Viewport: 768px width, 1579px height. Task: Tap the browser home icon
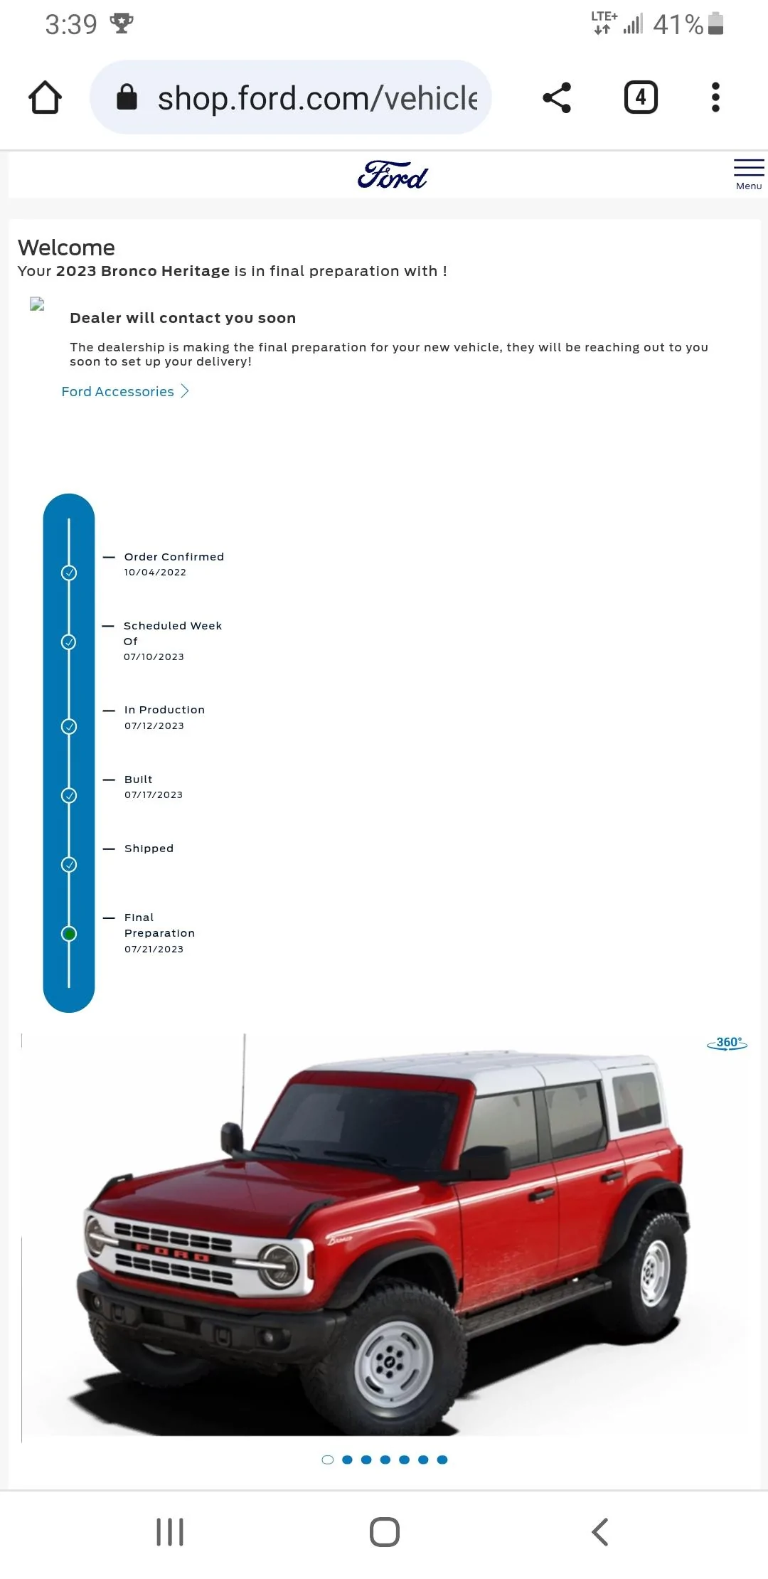[45, 97]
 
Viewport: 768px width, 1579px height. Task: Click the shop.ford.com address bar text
[317, 98]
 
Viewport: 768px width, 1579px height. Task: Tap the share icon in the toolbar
[557, 97]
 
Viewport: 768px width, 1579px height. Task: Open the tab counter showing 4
[641, 97]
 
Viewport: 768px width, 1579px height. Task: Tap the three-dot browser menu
[715, 97]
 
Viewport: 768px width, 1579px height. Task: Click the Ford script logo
[393, 175]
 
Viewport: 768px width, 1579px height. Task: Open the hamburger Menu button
[749, 174]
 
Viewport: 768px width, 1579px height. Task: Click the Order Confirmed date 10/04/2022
[155, 573]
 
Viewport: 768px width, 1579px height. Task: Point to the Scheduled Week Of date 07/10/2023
[154, 657]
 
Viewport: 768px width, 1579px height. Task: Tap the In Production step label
[164, 710]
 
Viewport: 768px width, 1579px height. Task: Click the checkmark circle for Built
[69, 795]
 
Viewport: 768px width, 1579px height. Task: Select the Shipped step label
[149, 849]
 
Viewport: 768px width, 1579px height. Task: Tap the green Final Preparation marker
[69, 934]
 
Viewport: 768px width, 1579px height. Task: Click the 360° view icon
[727, 1043]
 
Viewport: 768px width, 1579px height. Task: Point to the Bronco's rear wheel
[653, 1272]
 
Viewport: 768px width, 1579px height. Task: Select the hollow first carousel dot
[328, 1460]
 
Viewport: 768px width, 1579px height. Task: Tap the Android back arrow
[599, 1532]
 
